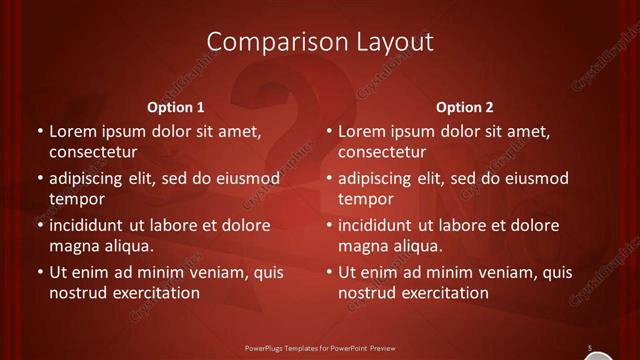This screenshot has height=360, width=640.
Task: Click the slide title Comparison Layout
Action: [320, 41]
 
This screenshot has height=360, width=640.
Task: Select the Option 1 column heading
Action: [175, 107]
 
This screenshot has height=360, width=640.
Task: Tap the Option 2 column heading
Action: [464, 107]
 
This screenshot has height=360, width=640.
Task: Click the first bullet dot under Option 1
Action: [39, 131]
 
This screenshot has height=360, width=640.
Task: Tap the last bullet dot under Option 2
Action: [328, 272]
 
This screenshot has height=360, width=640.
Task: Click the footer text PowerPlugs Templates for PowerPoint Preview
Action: [320, 349]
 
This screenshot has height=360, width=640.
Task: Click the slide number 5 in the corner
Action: [590, 347]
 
